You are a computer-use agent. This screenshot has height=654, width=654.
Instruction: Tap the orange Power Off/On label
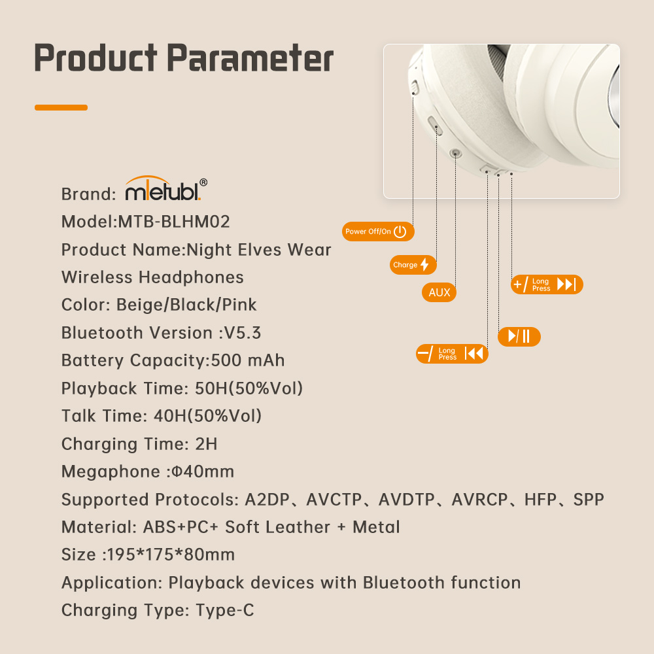[x=378, y=232]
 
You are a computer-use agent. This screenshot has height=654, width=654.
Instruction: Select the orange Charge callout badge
[x=413, y=265]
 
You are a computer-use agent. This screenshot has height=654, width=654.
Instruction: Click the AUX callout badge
[x=439, y=292]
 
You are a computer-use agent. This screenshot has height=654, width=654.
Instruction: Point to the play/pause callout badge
[x=519, y=336]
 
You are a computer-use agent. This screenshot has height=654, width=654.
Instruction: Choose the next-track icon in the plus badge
[x=566, y=284]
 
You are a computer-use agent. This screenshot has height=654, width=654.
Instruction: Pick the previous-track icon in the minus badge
[x=473, y=354]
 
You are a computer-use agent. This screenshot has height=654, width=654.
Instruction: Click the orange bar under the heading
[x=61, y=108]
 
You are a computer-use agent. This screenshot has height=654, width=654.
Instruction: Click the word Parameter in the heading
[x=250, y=58]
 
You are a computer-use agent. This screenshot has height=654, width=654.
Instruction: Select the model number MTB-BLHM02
[x=174, y=222]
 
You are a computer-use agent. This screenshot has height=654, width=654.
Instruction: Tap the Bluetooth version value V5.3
[x=243, y=333]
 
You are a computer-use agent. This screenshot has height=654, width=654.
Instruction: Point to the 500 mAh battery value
[x=248, y=360]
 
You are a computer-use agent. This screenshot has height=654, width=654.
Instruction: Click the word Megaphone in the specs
[x=111, y=472]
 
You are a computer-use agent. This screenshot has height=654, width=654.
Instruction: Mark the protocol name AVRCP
[x=479, y=500]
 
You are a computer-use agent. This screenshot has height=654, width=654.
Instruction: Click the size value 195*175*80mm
[x=171, y=555]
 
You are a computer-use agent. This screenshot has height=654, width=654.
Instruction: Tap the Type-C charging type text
[x=225, y=610]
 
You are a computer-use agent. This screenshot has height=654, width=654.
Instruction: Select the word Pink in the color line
[x=239, y=305]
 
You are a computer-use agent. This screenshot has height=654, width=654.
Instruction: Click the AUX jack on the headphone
[x=455, y=154]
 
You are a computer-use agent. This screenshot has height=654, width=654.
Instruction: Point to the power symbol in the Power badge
[x=400, y=232]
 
